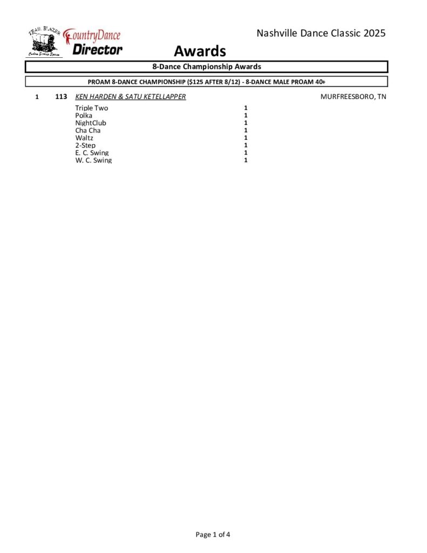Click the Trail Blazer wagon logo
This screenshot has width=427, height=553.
pyautogui.click(x=44, y=42)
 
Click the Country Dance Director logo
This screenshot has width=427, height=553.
pyautogui.click(x=93, y=43)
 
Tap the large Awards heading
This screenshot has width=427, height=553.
pyautogui.click(x=199, y=51)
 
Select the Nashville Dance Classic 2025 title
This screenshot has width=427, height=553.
pyautogui.click(x=321, y=33)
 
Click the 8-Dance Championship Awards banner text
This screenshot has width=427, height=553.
pyautogui.click(x=207, y=67)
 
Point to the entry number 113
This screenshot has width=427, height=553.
pyautogui.click(x=61, y=97)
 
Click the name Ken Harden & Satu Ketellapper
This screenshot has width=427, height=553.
pyautogui.click(x=130, y=97)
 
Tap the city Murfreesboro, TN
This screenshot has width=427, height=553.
pyautogui.click(x=353, y=97)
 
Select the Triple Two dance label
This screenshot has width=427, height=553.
pyautogui.click(x=91, y=108)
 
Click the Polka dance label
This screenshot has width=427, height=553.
pyautogui.click(x=84, y=116)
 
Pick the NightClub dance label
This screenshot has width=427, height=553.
pyautogui.click(x=91, y=123)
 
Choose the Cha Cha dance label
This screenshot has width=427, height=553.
pyautogui.click(x=87, y=130)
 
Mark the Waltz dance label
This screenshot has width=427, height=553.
pyautogui.click(x=84, y=138)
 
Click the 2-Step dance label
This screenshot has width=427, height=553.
pyautogui.click(x=85, y=145)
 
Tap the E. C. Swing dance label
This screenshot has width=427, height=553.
pyautogui.click(x=92, y=153)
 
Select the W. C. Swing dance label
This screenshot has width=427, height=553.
pyautogui.click(x=93, y=160)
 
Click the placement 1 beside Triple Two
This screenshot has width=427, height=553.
pyautogui.click(x=246, y=108)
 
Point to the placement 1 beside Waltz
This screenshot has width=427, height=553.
pyautogui.click(x=246, y=138)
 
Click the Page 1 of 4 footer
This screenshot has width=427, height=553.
pyautogui.click(x=213, y=535)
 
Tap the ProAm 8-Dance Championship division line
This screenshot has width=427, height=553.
pyautogui.click(x=207, y=82)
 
